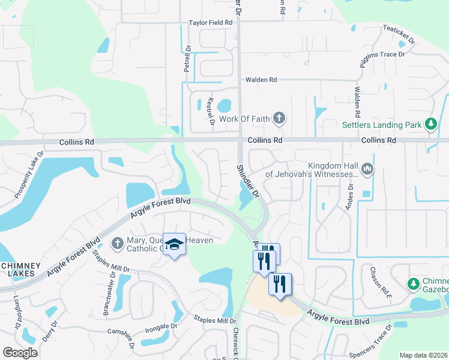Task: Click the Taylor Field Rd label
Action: [211, 22]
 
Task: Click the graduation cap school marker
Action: [174, 244]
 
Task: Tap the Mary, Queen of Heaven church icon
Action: [118, 243]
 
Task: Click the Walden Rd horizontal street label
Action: [261, 79]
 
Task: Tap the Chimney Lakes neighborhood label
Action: [20, 269]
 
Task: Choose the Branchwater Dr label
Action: [110, 295]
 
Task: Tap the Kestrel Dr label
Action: [210, 111]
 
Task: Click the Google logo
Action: [20, 353]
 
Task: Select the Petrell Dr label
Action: [187, 59]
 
